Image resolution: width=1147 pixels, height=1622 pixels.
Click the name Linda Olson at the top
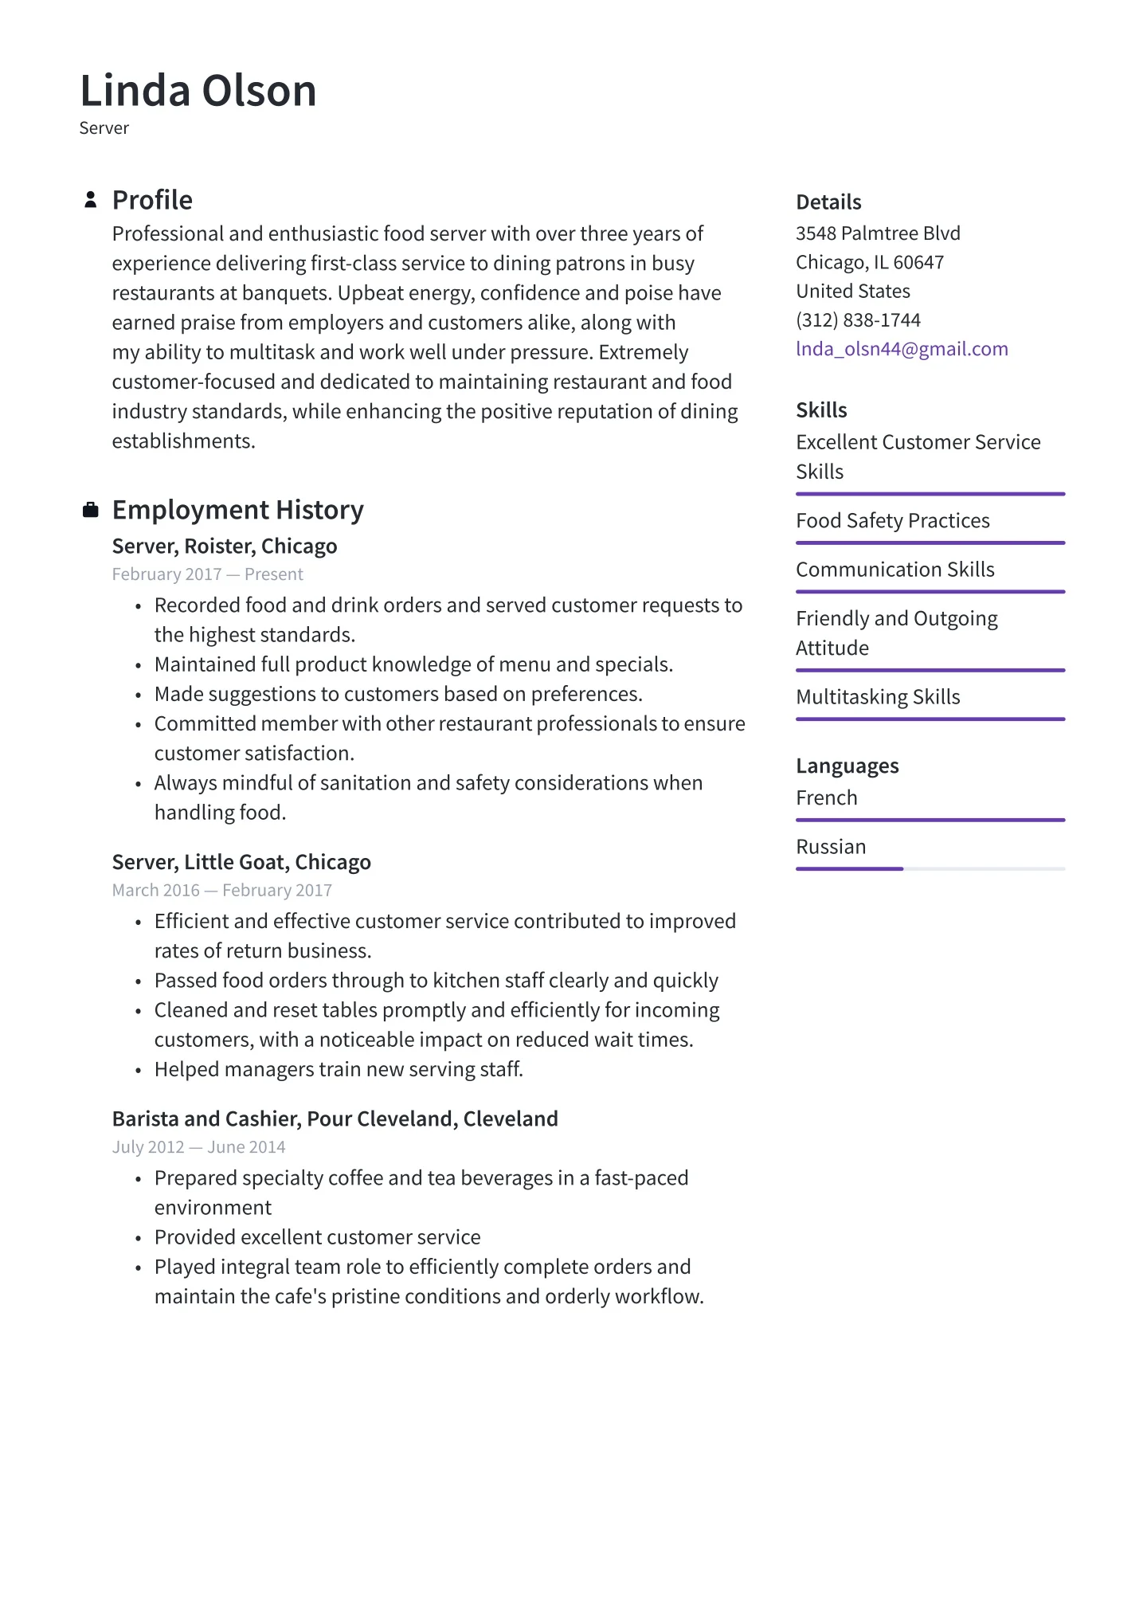[198, 91]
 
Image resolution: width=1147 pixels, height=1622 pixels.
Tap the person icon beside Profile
[91, 200]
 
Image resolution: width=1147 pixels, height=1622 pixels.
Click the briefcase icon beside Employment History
[91, 510]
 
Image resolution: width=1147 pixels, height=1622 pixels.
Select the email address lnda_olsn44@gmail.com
[902, 349]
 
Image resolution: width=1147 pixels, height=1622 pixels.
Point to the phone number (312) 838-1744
[858, 320]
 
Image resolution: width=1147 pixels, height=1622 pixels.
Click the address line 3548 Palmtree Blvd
[878, 233]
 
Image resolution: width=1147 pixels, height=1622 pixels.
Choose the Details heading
[828, 202]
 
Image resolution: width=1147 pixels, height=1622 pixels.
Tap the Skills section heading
[821, 410]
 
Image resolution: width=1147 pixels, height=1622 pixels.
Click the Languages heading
[847, 766]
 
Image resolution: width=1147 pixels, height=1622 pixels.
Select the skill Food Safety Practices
[892, 521]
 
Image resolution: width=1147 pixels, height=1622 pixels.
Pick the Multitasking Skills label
[878, 697]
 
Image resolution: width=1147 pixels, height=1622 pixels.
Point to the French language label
[826, 798]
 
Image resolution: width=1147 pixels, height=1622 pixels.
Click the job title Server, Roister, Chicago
[225, 547]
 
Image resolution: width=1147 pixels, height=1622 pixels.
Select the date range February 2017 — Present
[207, 574]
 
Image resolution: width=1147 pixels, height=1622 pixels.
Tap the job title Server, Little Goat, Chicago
[241, 863]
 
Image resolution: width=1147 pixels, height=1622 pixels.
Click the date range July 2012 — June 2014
[198, 1147]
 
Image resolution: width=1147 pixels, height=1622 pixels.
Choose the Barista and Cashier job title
[335, 1119]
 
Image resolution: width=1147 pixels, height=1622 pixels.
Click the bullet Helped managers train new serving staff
[339, 1070]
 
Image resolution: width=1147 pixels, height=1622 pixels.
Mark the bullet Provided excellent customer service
[317, 1237]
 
